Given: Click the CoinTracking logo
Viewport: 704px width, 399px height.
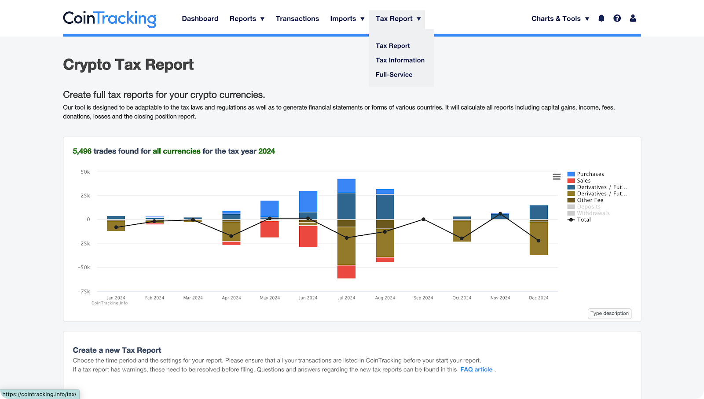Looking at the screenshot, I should pyautogui.click(x=110, y=18).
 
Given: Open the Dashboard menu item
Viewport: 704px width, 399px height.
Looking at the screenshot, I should pyautogui.click(x=200, y=18).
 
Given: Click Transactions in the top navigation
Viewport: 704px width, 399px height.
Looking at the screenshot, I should pyautogui.click(x=297, y=18).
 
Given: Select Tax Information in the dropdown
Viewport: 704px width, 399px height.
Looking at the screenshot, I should pyautogui.click(x=400, y=60).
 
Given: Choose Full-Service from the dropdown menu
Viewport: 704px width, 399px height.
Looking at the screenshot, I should pyautogui.click(x=394, y=75).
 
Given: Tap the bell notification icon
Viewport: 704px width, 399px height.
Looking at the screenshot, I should pyautogui.click(x=601, y=18).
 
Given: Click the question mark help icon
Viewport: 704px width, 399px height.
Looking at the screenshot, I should pyautogui.click(x=617, y=18).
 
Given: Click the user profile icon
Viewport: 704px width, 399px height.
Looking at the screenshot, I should pyautogui.click(x=633, y=18).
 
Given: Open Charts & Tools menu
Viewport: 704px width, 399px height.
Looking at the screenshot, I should pyautogui.click(x=560, y=18).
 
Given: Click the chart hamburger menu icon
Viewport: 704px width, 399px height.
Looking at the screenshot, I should pyautogui.click(x=556, y=176).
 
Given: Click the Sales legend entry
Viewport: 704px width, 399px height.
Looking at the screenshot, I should pyautogui.click(x=583, y=181).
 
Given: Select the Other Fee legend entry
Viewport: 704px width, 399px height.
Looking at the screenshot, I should pyautogui.click(x=590, y=200).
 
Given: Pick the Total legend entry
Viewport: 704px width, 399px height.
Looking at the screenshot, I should pyautogui.click(x=583, y=220).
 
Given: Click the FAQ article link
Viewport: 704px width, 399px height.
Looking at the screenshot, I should pyautogui.click(x=476, y=370).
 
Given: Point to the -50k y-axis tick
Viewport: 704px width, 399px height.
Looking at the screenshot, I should pyautogui.click(x=84, y=267).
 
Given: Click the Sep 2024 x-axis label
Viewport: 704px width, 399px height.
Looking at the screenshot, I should pyautogui.click(x=423, y=298).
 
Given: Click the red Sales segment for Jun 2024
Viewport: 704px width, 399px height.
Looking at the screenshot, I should pyautogui.click(x=308, y=236).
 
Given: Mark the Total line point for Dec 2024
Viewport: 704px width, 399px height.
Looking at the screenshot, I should pyautogui.click(x=539, y=241).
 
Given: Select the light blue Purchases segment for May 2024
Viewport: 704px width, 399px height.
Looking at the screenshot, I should pyautogui.click(x=269, y=209).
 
